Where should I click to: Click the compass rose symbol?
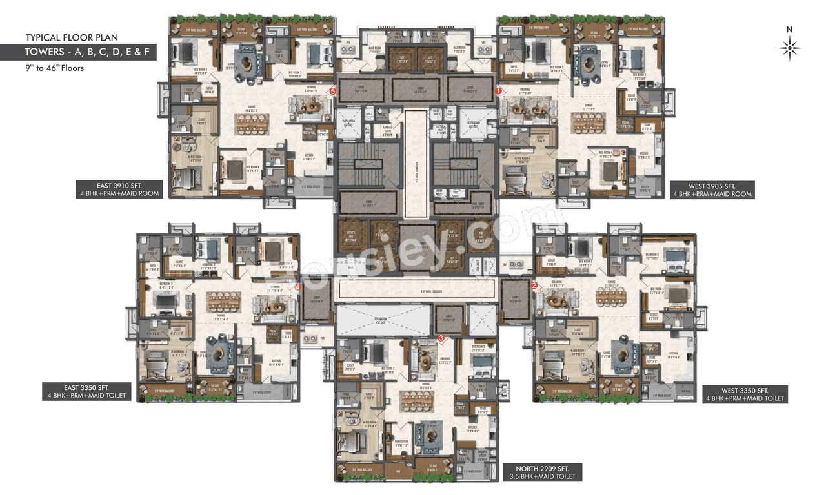pyautogui.click(x=789, y=48)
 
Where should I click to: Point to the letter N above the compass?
pyautogui.click(x=789, y=29)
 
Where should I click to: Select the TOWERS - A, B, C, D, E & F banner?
pyautogui.click(x=90, y=52)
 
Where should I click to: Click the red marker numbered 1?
pyautogui.click(x=498, y=92)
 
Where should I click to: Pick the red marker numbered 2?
pyautogui.click(x=534, y=285)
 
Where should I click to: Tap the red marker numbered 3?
pyautogui.click(x=441, y=337)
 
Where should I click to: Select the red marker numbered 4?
pyautogui.click(x=297, y=287)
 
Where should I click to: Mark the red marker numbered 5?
pyautogui.click(x=332, y=92)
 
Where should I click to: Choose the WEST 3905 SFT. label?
pyautogui.click(x=712, y=185)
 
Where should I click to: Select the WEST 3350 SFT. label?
pyautogui.click(x=745, y=390)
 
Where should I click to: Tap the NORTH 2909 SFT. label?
pyautogui.click(x=542, y=468)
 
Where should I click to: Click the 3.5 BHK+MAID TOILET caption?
pyautogui.click(x=542, y=477)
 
